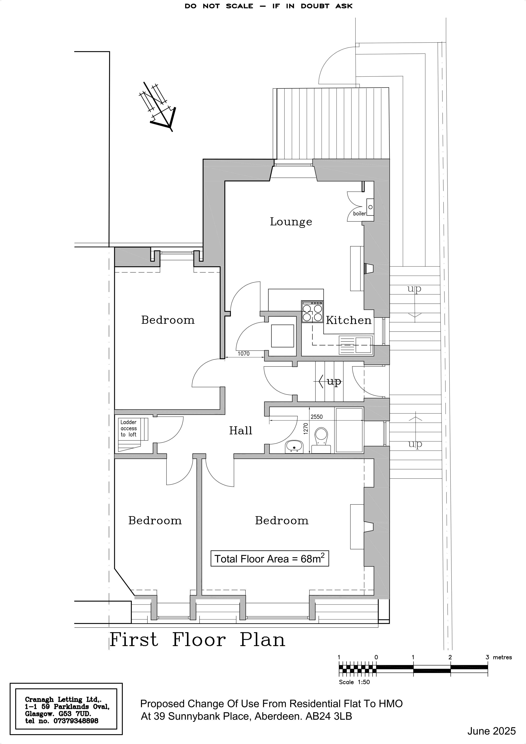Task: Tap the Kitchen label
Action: coord(348,320)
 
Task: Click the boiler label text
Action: coord(360,214)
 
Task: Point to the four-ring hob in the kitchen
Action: coord(312,312)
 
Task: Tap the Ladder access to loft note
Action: coord(129,428)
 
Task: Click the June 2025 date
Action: coord(491,731)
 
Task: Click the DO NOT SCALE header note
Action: coord(269,6)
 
